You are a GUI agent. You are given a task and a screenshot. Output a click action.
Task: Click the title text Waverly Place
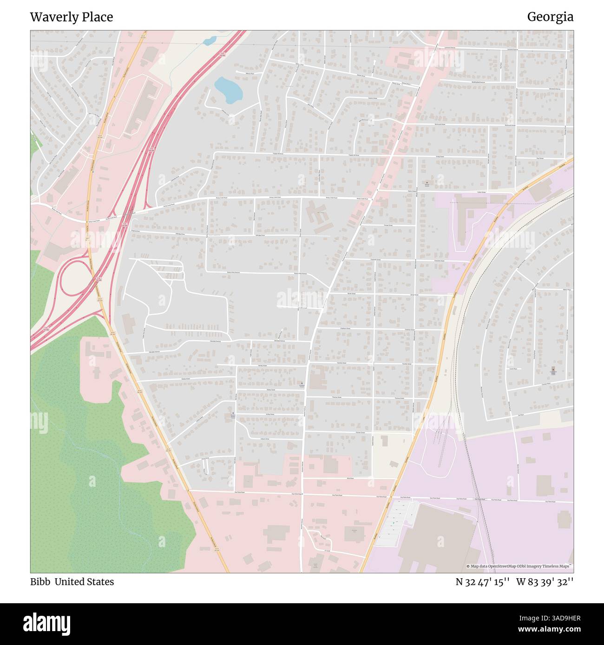(72, 17)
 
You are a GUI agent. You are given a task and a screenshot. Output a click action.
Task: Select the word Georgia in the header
(550, 17)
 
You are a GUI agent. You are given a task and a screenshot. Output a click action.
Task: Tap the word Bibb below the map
(40, 582)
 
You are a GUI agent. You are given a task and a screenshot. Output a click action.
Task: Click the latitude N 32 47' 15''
(483, 582)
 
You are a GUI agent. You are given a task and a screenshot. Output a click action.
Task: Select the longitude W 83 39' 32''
(545, 582)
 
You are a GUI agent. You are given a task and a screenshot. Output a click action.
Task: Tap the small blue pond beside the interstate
(209, 41)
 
